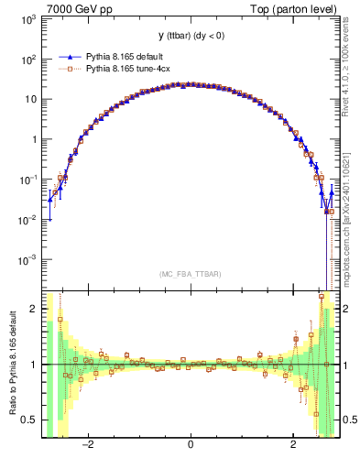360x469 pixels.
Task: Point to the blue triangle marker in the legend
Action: (x=67, y=55)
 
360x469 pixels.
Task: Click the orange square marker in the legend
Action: (x=67, y=67)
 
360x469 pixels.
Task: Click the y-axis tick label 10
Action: (x=31, y=100)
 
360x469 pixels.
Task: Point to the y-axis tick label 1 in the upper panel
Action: (x=34, y=140)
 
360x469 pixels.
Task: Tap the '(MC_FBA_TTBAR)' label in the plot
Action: (x=190, y=274)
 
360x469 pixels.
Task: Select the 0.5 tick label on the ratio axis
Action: (x=30, y=420)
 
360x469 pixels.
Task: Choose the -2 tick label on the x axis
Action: (x=88, y=446)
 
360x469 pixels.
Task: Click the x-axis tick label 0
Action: (x=190, y=446)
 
